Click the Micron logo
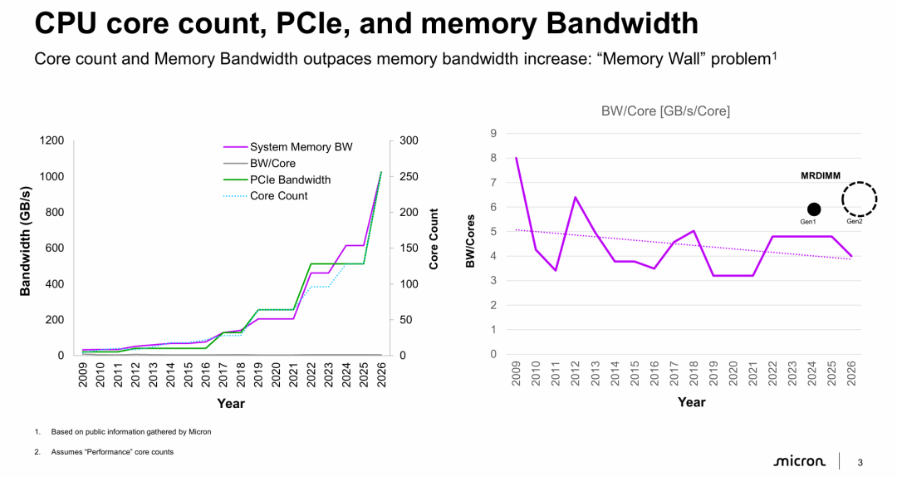click(799, 461)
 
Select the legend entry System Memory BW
click(301, 147)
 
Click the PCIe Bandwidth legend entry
click(290, 179)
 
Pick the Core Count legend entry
click(278, 196)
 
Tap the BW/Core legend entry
click(272, 164)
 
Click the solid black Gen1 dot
click(814, 209)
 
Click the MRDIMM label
click(820, 175)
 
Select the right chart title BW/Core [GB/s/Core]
click(665, 111)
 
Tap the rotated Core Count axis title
click(434, 238)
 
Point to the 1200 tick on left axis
click(51, 141)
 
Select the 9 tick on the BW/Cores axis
click(493, 134)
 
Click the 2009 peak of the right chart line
click(516, 158)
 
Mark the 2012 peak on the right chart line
click(575, 197)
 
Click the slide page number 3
click(860, 462)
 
